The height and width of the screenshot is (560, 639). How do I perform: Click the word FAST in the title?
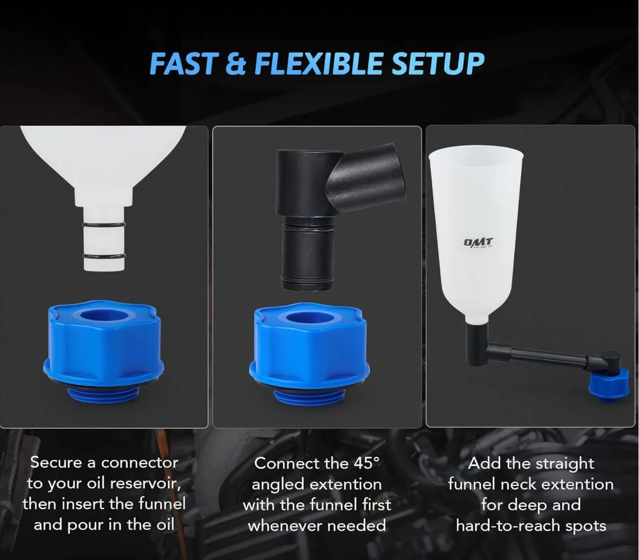pos(183,63)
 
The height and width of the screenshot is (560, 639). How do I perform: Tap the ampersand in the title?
pos(236,63)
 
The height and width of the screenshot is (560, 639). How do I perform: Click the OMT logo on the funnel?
pos(478,242)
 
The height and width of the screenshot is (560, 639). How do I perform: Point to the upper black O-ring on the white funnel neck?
pos(104,225)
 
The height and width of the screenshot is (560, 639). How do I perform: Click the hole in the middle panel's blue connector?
pos(309,320)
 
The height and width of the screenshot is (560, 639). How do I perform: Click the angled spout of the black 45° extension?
pos(368,176)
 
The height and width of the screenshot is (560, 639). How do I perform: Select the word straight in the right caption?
pos(565,464)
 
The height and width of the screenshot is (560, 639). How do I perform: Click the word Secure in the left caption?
pos(56,463)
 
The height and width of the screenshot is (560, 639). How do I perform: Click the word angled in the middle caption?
pos(278,485)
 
